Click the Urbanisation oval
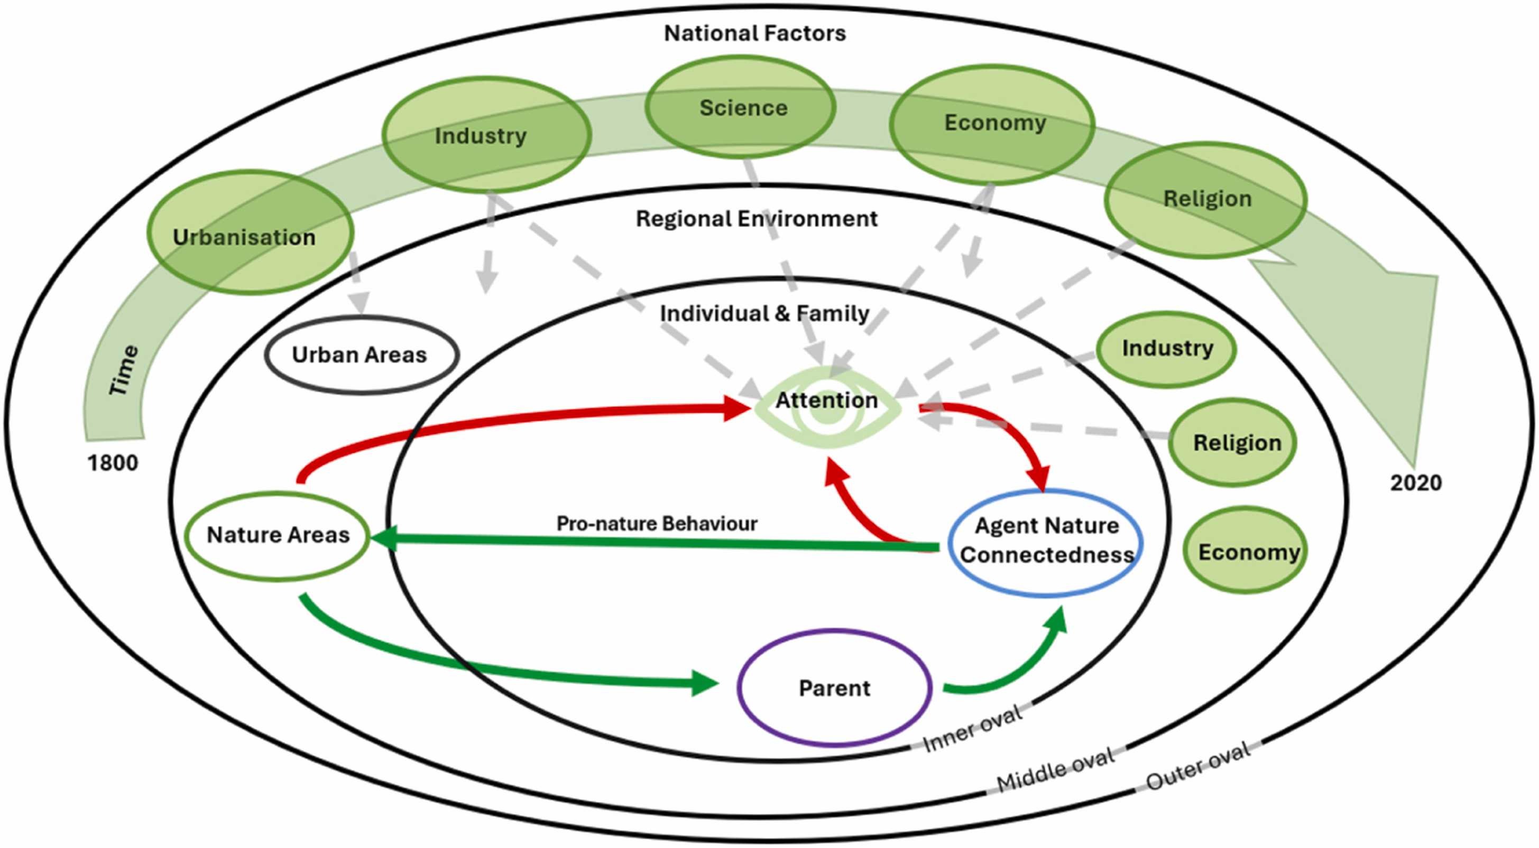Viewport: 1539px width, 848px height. pyautogui.click(x=250, y=232)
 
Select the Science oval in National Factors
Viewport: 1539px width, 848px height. pyautogui.click(x=740, y=107)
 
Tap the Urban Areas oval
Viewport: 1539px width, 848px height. pyautogui.click(x=362, y=355)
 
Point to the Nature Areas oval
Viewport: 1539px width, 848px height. pyautogui.click(x=278, y=535)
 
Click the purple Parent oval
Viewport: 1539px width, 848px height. pyautogui.click(x=834, y=688)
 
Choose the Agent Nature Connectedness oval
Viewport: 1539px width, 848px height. pyautogui.click(x=1046, y=541)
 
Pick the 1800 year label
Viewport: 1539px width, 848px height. pyautogui.click(x=113, y=463)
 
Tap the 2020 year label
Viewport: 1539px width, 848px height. pyautogui.click(x=1415, y=482)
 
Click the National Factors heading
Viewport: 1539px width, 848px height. pyautogui.click(x=754, y=33)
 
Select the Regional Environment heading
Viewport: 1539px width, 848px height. pyautogui.click(x=757, y=219)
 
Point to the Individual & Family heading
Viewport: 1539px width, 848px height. pyautogui.click(x=764, y=313)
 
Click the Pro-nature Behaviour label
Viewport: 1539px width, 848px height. pyautogui.click(x=657, y=524)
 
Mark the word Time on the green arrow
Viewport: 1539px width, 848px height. pyautogui.click(x=124, y=370)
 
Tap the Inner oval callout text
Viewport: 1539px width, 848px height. pyautogui.click(x=972, y=730)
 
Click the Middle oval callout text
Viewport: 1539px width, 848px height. pyautogui.click(x=1056, y=770)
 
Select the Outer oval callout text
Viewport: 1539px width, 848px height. pyautogui.click(x=1198, y=767)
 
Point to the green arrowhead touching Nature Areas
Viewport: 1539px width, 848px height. pyautogui.click(x=383, y=539)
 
